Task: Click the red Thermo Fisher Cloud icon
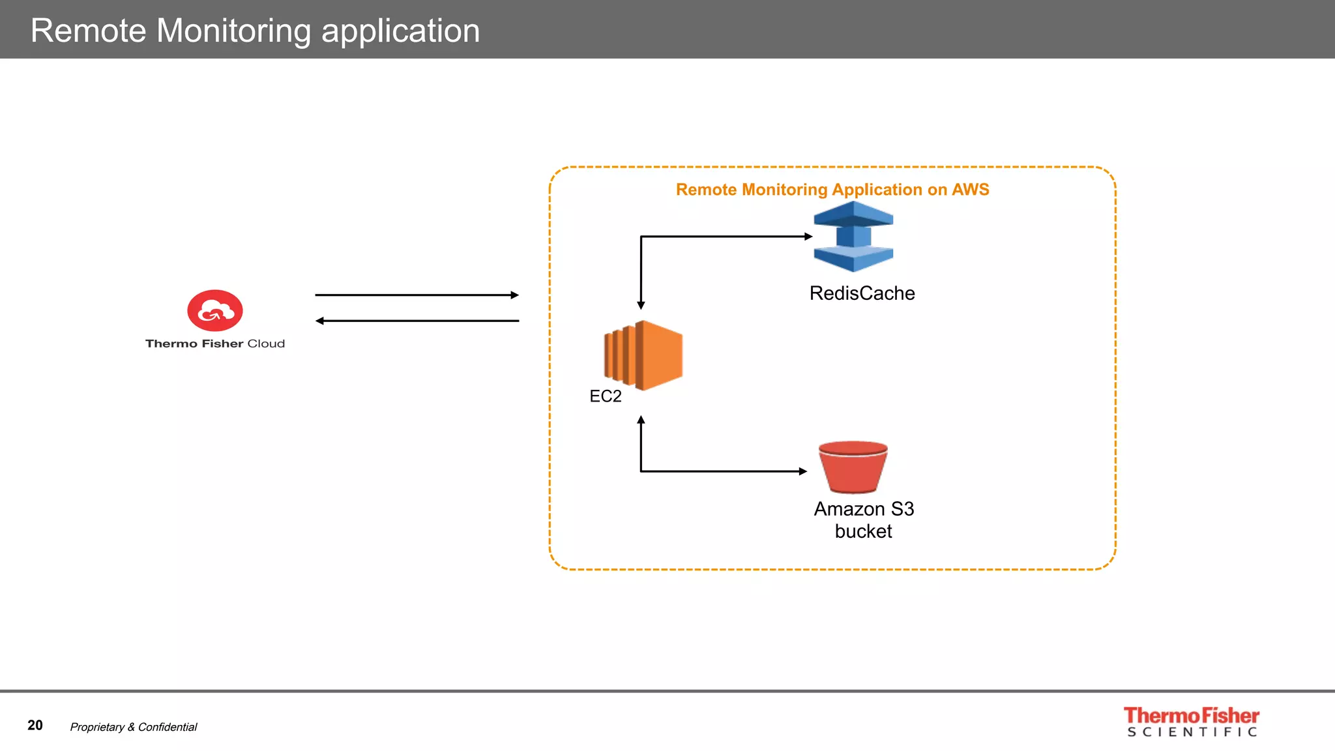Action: click(215, 310)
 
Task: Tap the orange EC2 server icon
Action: click(644, 355)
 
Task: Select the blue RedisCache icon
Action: click(853, 237)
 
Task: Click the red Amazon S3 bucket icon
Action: click(853, 467)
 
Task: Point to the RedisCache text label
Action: click(862, 293)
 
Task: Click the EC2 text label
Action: click(605, 396)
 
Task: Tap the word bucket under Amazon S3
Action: click(863, 531)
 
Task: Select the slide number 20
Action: click(35, 726)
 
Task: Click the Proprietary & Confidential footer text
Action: click(134, 727)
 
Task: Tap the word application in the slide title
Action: click(400, 31)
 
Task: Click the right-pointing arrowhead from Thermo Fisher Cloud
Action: click(514, 295)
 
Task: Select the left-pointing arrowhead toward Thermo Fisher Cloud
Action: click(320, 321)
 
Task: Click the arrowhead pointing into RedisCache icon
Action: click(808, 237)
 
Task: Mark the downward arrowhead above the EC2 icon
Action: click(641, 305)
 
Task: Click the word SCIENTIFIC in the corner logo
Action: click(1192, 732)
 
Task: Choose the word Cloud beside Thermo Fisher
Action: click(266, 344)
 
